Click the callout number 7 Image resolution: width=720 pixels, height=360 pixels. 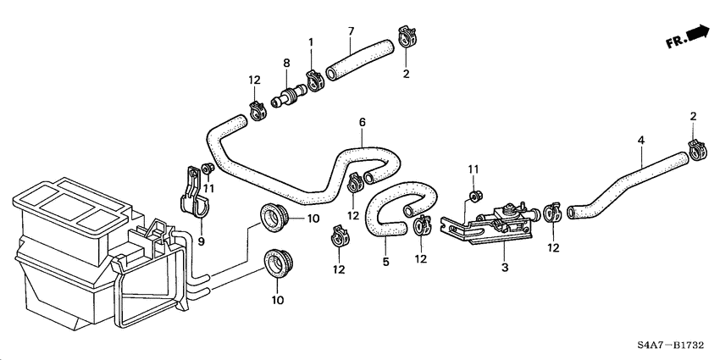click(351, 33)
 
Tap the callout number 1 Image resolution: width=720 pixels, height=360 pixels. click(310, 42)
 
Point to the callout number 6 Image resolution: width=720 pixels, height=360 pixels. click(362, 122)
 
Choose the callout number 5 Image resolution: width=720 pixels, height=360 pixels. click(385, 263)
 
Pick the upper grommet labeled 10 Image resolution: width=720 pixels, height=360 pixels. click(272, 217)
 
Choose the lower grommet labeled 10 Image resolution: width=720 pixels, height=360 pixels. click(276, 263)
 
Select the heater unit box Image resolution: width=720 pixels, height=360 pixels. click(76, 246)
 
